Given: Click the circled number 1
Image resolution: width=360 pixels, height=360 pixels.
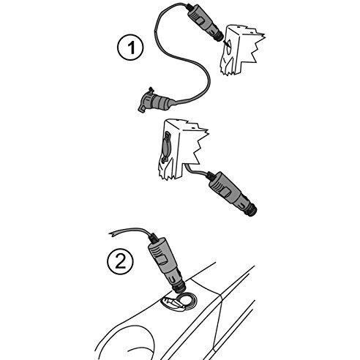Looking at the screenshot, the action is click(x=130, y=47).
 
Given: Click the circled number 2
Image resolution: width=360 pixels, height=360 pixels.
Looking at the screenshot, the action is click(x=120, y=262).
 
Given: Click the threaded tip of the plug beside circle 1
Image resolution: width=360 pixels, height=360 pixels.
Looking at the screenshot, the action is click(x=220, y=37).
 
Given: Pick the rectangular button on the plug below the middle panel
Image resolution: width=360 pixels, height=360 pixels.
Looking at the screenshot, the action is click(x=226, y=191).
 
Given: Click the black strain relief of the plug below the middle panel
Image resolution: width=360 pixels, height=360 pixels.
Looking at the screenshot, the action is click(x=211, y=176).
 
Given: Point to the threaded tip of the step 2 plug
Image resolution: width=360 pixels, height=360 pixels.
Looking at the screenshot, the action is click(x=179, y=288).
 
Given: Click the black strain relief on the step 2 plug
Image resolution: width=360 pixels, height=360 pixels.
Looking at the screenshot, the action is click(x=153, y=237).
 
